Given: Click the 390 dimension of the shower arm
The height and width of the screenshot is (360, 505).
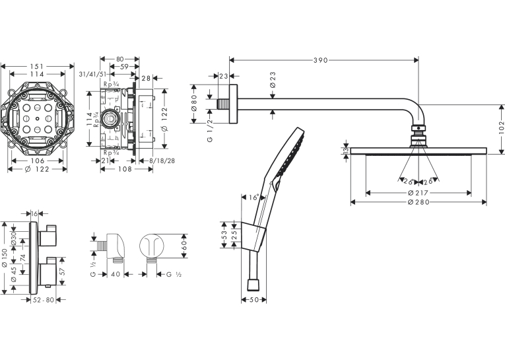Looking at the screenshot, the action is pyautogui.click(x=320, y=60).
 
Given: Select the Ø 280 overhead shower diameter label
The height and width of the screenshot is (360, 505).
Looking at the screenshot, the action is pyautogui.click(x=419, y=202).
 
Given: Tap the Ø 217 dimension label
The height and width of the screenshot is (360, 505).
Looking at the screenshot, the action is pyautogui.click(x=418, y=193).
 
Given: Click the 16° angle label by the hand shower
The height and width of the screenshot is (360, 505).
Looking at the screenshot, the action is pyautogui.click(x=254, y=198).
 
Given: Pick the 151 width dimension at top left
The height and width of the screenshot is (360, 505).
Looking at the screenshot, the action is pyautogui.click(x=37, y=67).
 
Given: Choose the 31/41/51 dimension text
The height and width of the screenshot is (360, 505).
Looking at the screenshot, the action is pyautogui.click(x=93, y=74).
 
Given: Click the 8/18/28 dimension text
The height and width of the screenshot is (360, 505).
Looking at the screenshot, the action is pyautogui.click(x=162, y=161).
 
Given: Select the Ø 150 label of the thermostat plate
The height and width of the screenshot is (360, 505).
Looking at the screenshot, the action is pyautogui.click(x=5, y=258).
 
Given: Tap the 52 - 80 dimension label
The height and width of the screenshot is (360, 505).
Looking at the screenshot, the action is pyautogui.click(x=44, y=300).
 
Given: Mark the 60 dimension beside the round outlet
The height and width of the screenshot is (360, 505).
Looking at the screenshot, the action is pyautogui.click(x=184, y=246).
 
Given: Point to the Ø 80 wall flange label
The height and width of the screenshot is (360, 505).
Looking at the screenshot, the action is pyautogui.click(x=193, y=104).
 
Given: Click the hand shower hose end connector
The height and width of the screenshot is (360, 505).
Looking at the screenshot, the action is pyautogui.click(x=253, y=285).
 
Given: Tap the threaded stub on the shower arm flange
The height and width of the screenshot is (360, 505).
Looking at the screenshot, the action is pyautogui.click(x=222, y=104).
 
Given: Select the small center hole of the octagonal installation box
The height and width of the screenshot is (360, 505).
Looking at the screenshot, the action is pyautogui.click(x=38, y=119).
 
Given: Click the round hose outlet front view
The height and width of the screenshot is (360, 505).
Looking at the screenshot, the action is pyautogui.click(x=152, y=246).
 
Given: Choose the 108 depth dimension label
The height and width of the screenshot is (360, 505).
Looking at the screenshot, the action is pyautogui.click(x=125, y=169).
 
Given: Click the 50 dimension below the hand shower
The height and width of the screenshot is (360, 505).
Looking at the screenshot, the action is pyautogui.click(x=253, y=300).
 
